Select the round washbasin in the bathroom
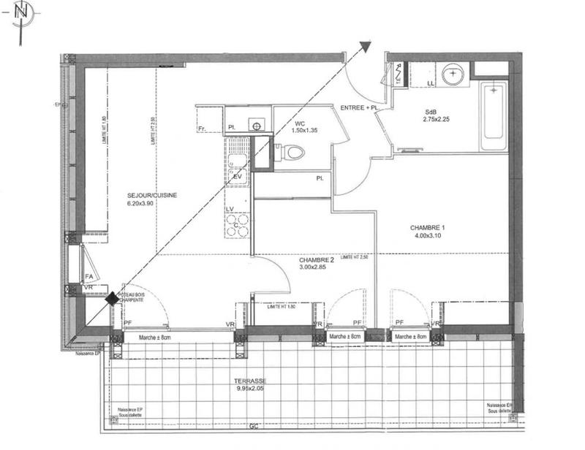[453, 74]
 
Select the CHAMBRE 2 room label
[316, 259]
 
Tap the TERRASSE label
[249, 382]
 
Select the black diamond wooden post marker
[112, 298]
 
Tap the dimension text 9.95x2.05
[249, 390]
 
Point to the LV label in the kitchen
[230, 210]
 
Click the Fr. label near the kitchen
[202, 129]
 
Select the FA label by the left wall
[88, 276]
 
